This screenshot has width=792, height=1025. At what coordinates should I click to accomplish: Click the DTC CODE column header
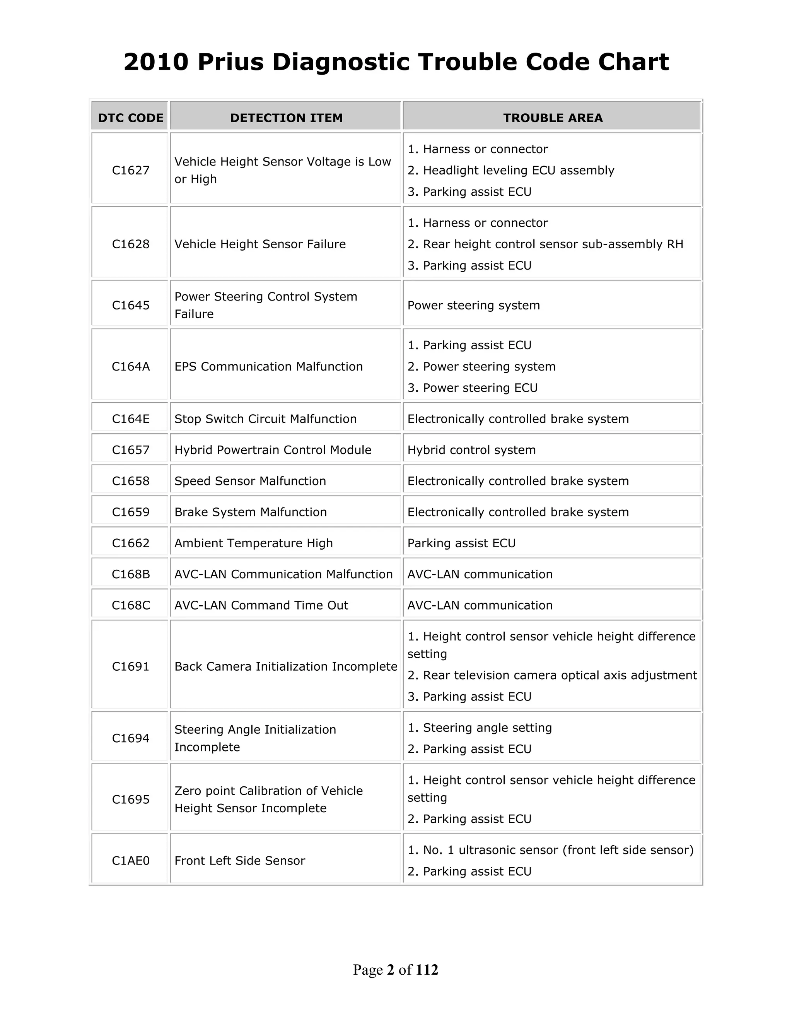click(130, 118)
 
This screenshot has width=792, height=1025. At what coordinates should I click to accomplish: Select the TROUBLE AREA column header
click(553, 118)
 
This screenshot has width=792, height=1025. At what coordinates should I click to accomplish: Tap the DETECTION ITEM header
click(286, 118)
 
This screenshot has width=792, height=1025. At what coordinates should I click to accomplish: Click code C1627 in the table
click(130, 170)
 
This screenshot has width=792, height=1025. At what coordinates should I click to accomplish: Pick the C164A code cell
click(130, 367)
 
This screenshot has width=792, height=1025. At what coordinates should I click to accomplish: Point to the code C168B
click(130, 574)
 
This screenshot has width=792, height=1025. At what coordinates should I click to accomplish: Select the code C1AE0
click(130, 860)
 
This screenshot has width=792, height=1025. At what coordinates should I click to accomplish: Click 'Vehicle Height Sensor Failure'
click(260, 244)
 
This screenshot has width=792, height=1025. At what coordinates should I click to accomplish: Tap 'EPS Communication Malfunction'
click(268, 367)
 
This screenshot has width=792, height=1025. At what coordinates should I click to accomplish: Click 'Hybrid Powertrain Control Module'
click(273, 449)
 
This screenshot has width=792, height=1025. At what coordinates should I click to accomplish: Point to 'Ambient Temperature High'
click(253, 543)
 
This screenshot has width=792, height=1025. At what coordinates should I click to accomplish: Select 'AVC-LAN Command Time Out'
click(261, 605)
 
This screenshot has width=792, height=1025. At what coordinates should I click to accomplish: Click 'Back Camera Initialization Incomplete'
click(286, 666)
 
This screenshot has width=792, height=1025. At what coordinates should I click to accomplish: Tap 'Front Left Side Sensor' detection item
click(240, 860)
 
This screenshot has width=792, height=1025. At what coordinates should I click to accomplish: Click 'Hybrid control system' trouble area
click(471, 449)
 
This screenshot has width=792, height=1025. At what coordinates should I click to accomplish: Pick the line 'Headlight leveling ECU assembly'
click(518, 170)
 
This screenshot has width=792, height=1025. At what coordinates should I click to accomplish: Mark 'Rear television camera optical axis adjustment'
click(559, 675)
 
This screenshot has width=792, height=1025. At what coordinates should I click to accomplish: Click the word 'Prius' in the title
click(230, 62)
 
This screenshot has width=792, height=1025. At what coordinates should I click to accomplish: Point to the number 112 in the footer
click(427, 970)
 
